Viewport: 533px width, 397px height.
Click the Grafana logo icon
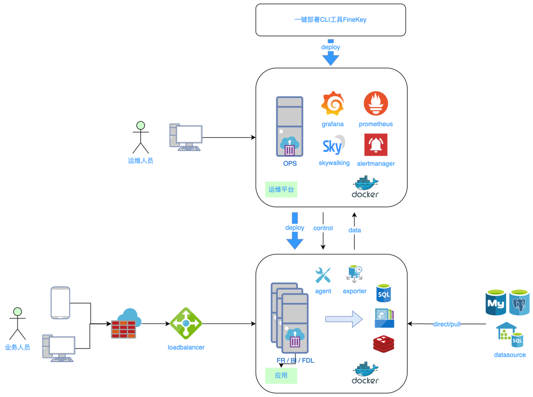click(333, 104)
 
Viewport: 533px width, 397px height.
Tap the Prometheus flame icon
click(376, 104)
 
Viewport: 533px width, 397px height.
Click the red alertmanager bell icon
click(376, 145)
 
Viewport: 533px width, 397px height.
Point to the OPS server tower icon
click(290, 126)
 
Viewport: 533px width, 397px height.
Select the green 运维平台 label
click(281, 190)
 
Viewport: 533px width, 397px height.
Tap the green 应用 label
click(281, 376)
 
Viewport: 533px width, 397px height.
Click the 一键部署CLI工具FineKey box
click(331, 20)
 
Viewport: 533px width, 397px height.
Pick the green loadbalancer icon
click(186, 324)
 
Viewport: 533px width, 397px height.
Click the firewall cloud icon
click(126, 324)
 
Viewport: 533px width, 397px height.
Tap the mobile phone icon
click(61, 303)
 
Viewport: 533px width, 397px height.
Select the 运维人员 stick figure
click(141, 138)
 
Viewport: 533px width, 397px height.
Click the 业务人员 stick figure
click(18, 324)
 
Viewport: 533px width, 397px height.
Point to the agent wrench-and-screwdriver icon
click(323, 276)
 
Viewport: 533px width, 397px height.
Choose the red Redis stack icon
click(384, 344)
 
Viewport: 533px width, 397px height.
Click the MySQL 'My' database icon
click(496, 303)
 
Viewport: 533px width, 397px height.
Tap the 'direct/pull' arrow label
click(447, 324)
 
